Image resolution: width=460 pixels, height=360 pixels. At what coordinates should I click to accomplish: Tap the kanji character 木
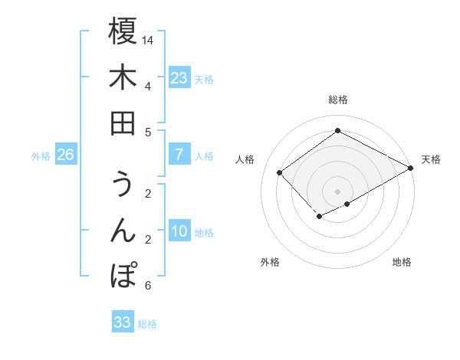[x=123, y=77]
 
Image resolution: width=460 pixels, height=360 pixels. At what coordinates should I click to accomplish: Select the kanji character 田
[x=123, y=123]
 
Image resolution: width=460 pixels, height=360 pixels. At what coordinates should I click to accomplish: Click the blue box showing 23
[x=179, y=78]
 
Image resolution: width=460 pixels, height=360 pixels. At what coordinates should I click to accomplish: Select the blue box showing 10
[x=179, y=232]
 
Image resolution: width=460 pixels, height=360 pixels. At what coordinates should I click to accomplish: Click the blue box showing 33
[x=123, y=322]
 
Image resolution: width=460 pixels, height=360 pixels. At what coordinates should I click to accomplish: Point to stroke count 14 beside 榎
[x=149, y=40]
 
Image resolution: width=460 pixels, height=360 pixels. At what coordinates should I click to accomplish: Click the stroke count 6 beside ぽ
[x=147, y=286]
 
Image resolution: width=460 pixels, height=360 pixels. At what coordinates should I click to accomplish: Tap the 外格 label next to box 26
[x=41, y=156]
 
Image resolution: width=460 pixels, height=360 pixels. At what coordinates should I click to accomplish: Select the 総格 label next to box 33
[x=147, y=324]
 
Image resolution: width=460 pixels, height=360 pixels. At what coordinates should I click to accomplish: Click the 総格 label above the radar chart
[x=338, y=100]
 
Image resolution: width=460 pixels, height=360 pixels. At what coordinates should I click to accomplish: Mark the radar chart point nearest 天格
[x=411, y=169]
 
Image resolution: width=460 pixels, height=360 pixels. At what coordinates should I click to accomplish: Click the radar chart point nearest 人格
[x=280, y=172]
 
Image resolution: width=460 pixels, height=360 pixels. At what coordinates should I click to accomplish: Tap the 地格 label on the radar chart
[x=402, y=262]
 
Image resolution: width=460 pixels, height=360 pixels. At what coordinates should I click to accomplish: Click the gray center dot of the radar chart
[x=338, y=191]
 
